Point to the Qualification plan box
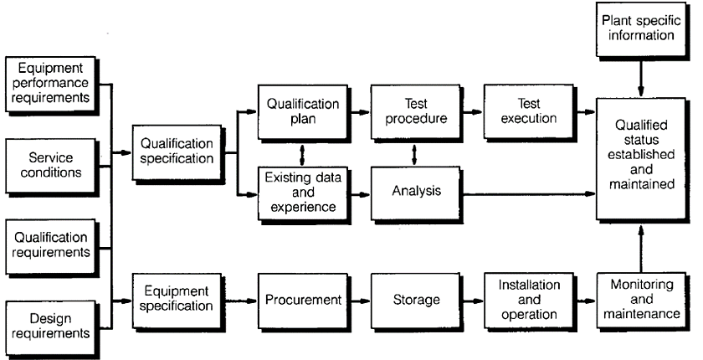coord(302,112)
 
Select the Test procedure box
coord(416,112)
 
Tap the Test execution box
coord(526,112)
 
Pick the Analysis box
coord(416,191)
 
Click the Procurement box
coord(302,298)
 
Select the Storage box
coord(416,298)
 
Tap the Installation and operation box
coord(526,298)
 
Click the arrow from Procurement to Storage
coord(360,298)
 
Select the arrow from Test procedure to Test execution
coord(472,112)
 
